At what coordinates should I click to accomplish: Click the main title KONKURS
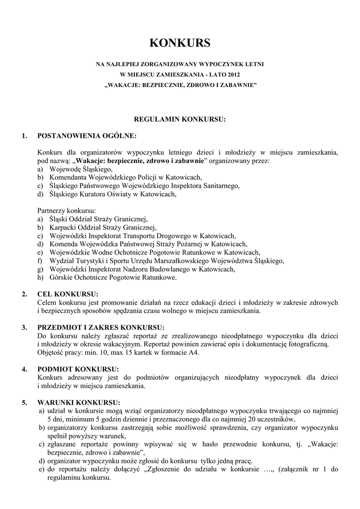[180, 43]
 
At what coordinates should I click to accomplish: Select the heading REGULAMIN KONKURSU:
[180, 119]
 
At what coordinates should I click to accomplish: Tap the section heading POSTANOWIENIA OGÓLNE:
[87, 136]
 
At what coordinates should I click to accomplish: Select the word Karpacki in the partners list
[62, 227]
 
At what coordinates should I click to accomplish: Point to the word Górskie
[61, 277]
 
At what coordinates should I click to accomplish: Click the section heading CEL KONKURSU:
[68, 294]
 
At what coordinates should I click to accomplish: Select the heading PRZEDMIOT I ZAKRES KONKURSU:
[101, 327]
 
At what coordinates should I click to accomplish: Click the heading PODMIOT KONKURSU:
[78, 369]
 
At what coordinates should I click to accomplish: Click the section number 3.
[24, 327]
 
